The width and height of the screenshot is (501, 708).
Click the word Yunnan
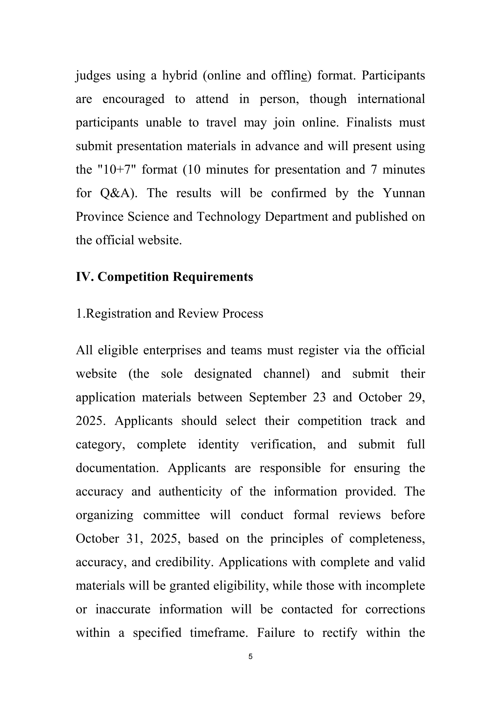403,193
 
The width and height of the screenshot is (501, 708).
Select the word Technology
229,217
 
